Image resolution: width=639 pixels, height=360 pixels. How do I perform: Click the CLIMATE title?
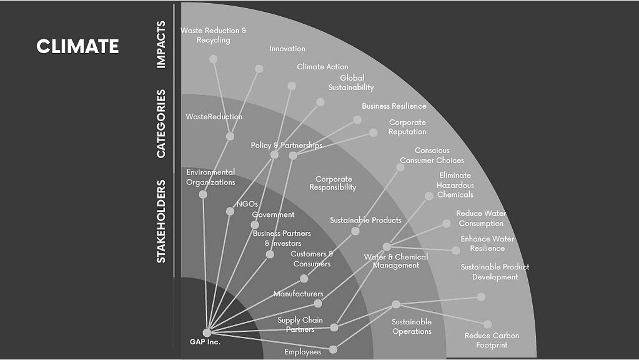coord(77,46)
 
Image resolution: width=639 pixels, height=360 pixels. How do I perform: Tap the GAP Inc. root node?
coord(207,332)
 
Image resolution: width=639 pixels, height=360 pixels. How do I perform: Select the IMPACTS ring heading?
coord(161,44)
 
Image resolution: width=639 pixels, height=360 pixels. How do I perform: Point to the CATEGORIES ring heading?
coord(161,124)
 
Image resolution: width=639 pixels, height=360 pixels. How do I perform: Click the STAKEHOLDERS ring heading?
coord(161,221)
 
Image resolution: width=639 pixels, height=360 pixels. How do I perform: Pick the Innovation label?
coord(287,49)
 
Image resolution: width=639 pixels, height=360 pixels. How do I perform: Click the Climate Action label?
coord(322,66)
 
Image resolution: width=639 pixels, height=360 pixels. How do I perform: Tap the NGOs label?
coord(247,204)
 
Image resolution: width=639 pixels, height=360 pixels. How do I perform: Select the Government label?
coord(273,214)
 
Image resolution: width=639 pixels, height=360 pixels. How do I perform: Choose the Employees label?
coord(303,352)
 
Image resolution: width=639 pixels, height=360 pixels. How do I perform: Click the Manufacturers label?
coord(299,294)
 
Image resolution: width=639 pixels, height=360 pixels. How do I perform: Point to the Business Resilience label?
coord(394,106)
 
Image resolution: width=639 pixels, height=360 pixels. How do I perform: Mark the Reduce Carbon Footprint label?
coord(492,340)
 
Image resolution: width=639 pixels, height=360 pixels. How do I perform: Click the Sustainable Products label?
coord(365,220)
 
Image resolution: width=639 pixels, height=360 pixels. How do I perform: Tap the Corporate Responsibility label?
coord(333,183)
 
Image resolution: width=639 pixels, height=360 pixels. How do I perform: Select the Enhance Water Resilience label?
coord(487,243)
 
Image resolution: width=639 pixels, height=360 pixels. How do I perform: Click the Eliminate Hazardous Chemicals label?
coord(455,185)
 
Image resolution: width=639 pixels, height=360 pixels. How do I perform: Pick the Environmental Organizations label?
coord(211,177)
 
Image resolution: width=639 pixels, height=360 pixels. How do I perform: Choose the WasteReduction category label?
coord(214,117)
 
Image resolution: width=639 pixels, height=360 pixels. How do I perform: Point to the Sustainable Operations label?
coord(412,327)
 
